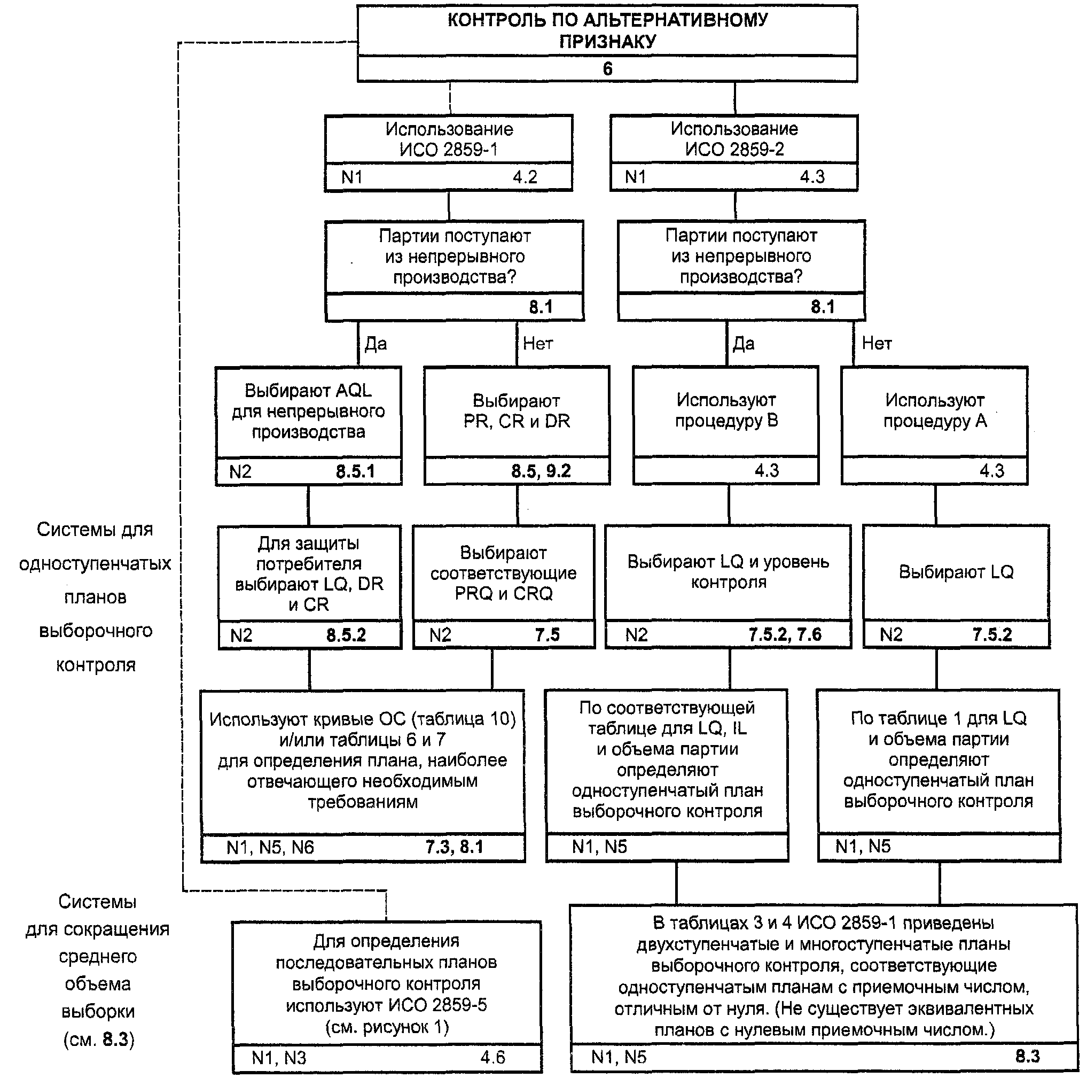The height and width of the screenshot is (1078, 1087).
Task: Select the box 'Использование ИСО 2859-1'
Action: [448, 153]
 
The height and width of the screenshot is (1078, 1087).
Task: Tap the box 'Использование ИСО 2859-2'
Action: [734, 153]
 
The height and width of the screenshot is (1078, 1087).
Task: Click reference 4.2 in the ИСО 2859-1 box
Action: [525, 177]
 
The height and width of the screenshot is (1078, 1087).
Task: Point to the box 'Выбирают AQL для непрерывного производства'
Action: [308, 425]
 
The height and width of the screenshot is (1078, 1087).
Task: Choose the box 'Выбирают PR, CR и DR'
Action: [517, 425]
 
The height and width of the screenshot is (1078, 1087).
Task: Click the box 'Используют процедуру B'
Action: [726, 425]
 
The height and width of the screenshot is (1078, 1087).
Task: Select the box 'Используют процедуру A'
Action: [935, 425]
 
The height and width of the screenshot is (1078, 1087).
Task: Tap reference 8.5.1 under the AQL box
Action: [356, 471]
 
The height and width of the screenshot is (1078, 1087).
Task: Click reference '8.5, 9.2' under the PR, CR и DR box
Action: [541, 471]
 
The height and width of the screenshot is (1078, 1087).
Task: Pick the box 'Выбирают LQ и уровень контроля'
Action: [728, 587]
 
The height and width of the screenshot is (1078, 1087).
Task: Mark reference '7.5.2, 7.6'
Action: [785, 635]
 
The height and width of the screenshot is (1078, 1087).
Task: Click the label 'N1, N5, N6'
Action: [270, 847]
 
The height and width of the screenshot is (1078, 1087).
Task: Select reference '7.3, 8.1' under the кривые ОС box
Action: [454, 847]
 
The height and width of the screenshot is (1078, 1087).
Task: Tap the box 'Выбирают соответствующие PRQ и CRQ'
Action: [504, 587]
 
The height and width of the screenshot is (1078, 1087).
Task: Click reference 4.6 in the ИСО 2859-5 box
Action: [493, 1057]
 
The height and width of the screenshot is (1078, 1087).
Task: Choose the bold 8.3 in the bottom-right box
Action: [1027, 1056]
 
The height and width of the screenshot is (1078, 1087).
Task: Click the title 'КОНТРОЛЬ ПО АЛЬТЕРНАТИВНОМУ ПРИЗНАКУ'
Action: [608, 30]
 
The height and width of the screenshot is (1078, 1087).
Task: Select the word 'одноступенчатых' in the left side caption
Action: [95, 563]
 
